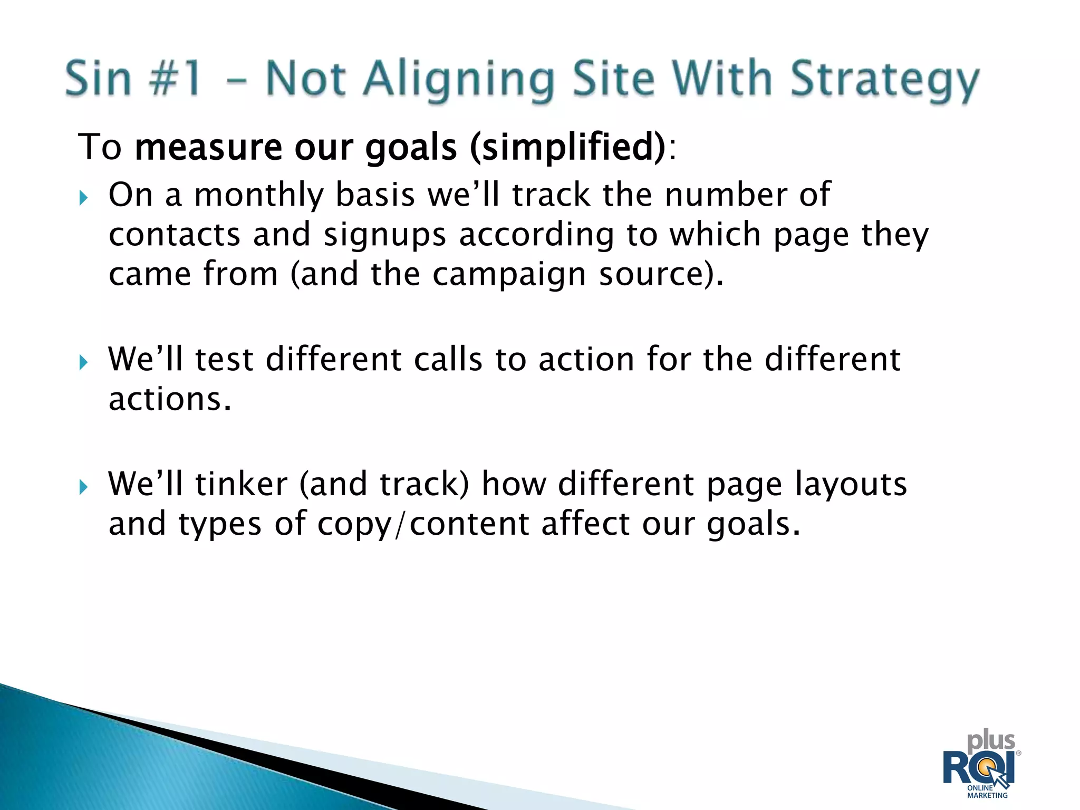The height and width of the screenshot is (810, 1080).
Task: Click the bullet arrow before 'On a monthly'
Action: (83, 198)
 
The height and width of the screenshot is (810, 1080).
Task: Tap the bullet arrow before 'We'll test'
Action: (83, 363)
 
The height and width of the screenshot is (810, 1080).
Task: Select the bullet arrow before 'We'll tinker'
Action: (83, 487)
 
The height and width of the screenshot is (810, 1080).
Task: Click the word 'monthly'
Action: (258, 195)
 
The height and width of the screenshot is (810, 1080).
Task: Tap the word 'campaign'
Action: (509, 275)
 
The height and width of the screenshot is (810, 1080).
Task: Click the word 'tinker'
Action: (241, 484)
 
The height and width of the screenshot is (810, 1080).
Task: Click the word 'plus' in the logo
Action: (990, 741)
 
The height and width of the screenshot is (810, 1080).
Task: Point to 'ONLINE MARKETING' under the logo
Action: (987, 792)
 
